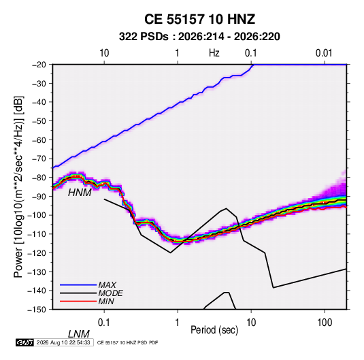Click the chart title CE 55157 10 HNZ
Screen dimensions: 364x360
pos(199,19)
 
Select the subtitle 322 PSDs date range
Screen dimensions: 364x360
pos(199,37)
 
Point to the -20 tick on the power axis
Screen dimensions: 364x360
pos(39,65)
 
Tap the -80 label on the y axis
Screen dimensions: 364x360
pos(39,178)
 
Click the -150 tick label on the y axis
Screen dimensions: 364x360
pos(37,309)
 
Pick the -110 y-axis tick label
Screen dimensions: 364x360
pos(37,234)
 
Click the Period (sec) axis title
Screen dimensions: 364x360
pos(214,330)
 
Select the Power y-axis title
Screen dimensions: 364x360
pos(18,186)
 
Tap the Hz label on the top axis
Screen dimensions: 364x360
pos(214,53)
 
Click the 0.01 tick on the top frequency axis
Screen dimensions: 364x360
pos(324,53)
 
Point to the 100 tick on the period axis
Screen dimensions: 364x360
pos(325,323)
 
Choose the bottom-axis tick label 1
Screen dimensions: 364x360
pos(177,323)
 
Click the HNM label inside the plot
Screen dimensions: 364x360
pos(80,193)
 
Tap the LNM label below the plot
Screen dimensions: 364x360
pos(78,334)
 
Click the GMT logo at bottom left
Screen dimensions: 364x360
pos(24,342)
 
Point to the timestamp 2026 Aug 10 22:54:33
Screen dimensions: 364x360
pos(63,342)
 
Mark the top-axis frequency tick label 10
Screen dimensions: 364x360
pos(104,53)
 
